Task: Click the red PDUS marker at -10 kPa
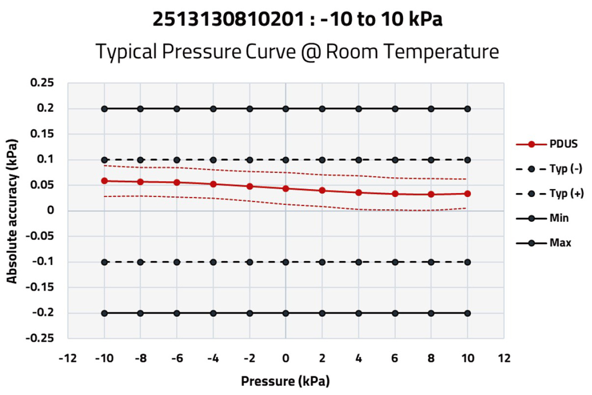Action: click(x=104, y=181)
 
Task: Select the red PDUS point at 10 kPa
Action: click(x=467, y=194)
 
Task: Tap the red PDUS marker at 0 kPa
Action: click(x=286, y=189)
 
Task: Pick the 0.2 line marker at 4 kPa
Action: click(x=358, y=109)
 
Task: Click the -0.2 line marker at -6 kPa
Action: click(x=177, y=313)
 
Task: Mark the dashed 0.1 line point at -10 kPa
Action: click(x=104, y=160)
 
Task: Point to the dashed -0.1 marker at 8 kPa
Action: click(x=431, y=262)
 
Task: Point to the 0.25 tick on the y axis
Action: click(x=42, y=83)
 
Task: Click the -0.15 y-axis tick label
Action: click(x=39, y=287)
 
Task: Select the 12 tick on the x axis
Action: click(x=504, y=358)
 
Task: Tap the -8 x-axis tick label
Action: click(x=141, y=358)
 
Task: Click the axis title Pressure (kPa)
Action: click(x=285, y=381)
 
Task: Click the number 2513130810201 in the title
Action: click(x=229, y=19)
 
